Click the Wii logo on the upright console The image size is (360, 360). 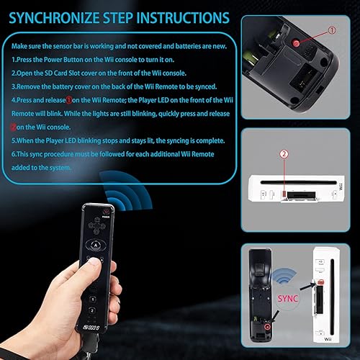[x=325, y=348]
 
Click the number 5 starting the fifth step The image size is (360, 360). [x=13, y=142]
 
